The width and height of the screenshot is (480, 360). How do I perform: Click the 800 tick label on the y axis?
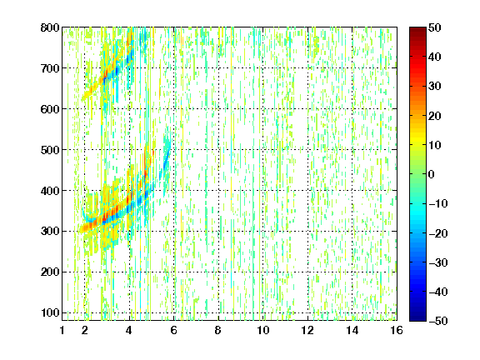point(50,27)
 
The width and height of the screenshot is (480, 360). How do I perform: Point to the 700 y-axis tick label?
point(50,68)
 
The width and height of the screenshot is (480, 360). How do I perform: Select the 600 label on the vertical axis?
point(50,109)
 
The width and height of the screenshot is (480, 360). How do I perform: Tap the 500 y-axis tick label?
point(50,150)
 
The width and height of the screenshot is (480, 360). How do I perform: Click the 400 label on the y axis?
point(50,191)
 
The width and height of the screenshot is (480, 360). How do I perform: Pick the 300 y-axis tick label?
point(50,231)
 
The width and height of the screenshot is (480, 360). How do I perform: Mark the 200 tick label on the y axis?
point(50,272)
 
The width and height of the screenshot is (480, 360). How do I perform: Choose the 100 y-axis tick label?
point(50,312)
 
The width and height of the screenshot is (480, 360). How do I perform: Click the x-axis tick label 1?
point(62,330)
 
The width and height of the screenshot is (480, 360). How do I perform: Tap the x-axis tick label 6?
point(174,330)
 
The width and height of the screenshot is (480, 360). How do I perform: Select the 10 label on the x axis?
point(263,330)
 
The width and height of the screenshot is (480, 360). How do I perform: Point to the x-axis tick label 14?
point(352,330)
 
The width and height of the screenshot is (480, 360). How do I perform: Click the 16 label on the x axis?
point(397,330)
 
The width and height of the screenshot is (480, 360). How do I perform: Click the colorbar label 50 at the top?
point(434,27)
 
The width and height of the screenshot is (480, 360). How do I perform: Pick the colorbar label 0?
point(432,174)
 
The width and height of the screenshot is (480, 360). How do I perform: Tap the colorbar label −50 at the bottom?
point(438,321)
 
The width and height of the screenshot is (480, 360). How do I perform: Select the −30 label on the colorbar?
point(438,262)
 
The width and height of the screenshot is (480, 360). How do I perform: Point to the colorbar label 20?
point(434,116)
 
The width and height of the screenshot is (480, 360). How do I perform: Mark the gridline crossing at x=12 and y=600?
point(307,108)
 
